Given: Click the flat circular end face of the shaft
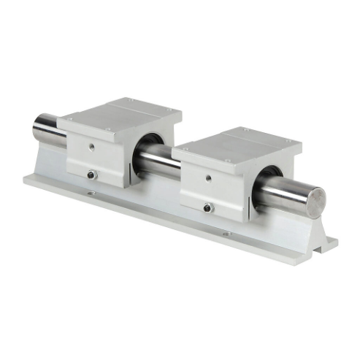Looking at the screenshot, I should (316, 201).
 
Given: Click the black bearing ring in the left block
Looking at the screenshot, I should (152, 142).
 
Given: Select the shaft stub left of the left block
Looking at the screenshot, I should (48, 129).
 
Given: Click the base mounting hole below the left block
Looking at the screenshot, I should (91, 194).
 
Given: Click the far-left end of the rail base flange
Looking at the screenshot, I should (27, 177).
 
